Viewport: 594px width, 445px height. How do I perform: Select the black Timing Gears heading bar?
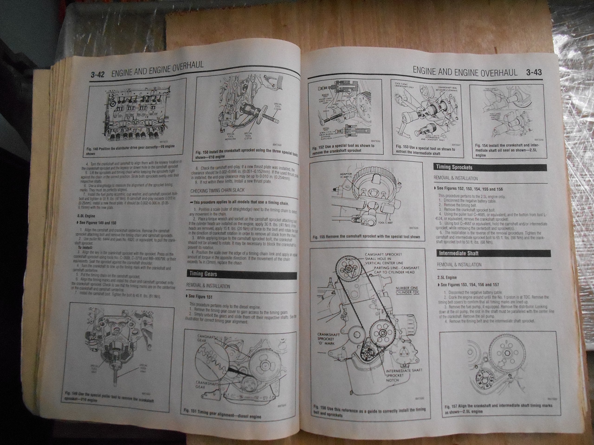242,274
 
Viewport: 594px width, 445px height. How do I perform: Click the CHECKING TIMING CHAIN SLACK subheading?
217,190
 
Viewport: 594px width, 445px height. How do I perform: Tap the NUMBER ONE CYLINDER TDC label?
407,290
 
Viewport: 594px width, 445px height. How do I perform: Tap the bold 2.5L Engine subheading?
447,278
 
